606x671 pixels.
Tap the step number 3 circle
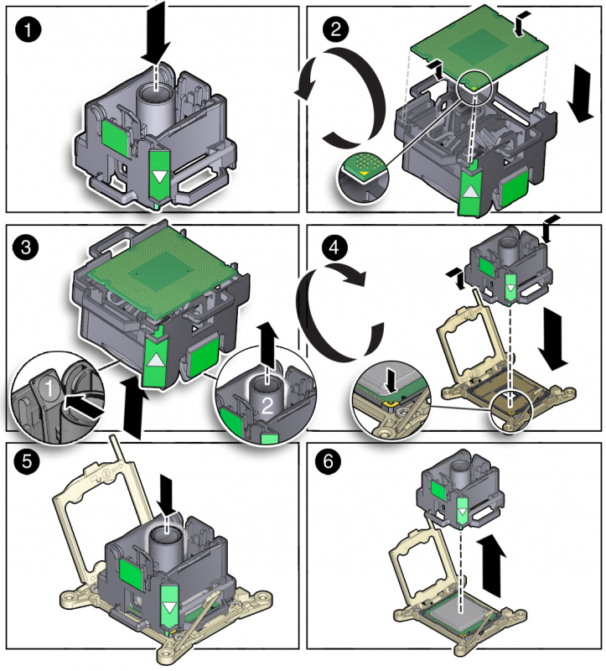(x=28, y=247)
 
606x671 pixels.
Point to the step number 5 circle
(x=28, y=462)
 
